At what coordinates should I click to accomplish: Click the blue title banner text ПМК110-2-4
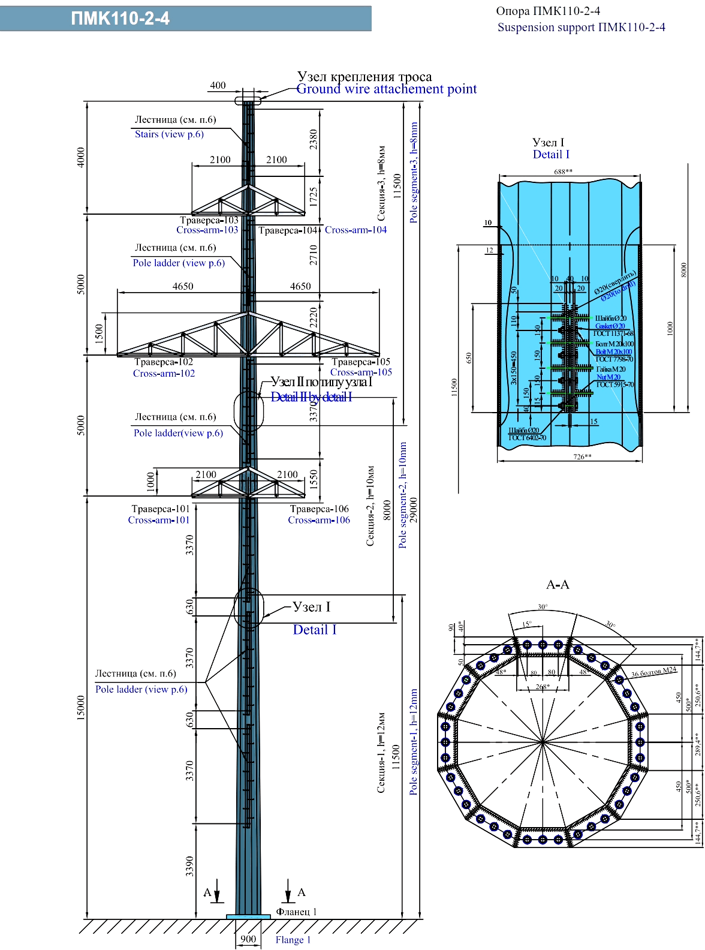(x=120, y=19)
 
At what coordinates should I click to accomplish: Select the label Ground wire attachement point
(x=387, y=89)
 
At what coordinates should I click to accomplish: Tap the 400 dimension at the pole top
(x=218, y=85)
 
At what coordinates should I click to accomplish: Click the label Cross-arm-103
(x=207, y=230)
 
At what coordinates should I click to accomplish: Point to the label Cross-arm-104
(x=355, y=230)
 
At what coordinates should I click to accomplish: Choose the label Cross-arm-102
(x=164, y=374)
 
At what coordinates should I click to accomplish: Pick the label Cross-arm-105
(x=361, y=372)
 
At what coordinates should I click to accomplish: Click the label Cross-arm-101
(x=158, y=521)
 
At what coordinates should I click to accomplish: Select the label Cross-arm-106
(x=319, y=521)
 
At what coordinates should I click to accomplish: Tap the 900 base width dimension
(x=248, y=939)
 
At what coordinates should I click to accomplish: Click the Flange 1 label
(x=293, y=940)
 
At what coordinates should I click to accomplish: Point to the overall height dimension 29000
(x=414, y=510)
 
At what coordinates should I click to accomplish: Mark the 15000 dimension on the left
(x=81, y=708)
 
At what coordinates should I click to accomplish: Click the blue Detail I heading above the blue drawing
(x=551, y=155)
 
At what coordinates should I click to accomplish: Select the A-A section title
(x=558, y=585)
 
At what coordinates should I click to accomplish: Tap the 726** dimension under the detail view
(x=582, y=457)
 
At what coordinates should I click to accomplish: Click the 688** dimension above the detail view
(x=563, y=172)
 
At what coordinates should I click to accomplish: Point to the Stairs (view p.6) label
(x=169, y=134)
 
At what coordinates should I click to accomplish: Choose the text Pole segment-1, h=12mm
(x=414, y=742)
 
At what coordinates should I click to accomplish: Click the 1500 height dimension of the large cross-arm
(x=100, y=333)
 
